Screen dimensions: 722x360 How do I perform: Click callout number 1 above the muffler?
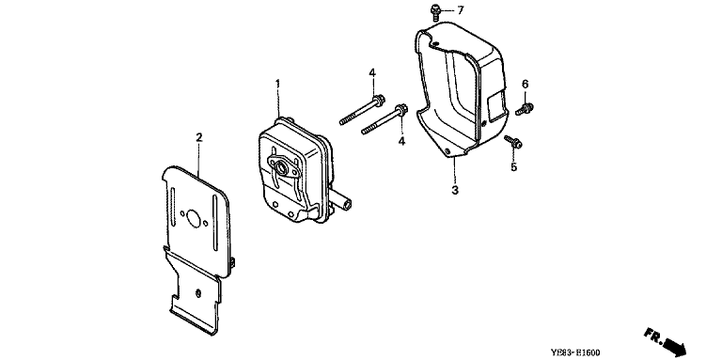click(x=277, y=84)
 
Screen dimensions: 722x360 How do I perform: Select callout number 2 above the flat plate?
click(x=199, y=137)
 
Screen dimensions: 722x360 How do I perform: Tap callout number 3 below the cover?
click(x=455, y=190)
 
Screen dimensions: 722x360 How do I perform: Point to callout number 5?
click(x=513, y=166)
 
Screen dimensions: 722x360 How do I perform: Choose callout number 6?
click(x=525, y=84)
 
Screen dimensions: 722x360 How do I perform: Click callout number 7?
click(x=461, y=10)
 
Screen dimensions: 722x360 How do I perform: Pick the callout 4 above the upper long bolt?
click(x=372, y=73)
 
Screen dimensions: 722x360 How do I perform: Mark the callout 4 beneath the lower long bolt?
click(x=401, y=141)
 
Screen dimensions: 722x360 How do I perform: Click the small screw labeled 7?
click(x=435, y=10)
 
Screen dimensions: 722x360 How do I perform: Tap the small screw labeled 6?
click(x=525, y=109)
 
